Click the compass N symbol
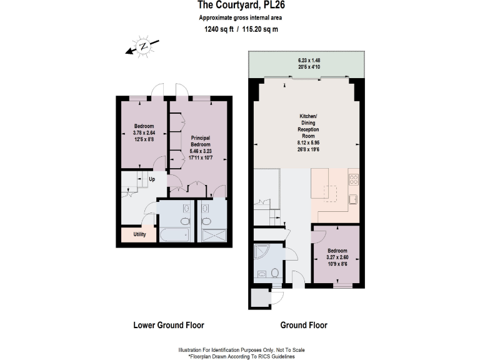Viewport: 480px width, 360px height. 143,46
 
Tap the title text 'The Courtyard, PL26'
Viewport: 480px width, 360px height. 239,6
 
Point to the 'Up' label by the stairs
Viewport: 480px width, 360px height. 152,180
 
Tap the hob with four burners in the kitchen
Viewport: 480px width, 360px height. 352,180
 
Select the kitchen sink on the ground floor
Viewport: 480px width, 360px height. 352,199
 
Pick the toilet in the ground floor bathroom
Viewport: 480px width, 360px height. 274,273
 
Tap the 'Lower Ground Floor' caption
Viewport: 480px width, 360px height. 169,325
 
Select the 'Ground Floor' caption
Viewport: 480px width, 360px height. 303,325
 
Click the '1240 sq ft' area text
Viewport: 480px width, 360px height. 217,29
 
